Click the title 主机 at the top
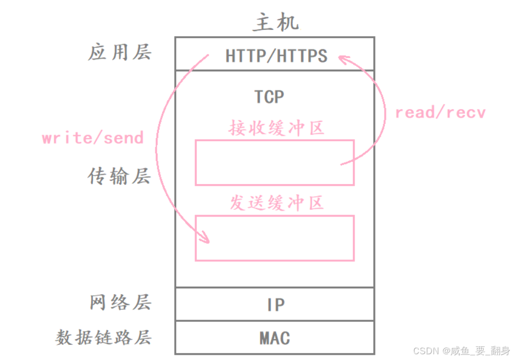(x=276, y=23)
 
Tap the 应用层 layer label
(x=120, y=53)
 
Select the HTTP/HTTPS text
(x=276, y=55)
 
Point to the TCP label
(x=269, y=97)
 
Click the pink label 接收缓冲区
(x=277, y=128)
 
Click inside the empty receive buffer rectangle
(x=275, y=162)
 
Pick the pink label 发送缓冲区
(x=277, y=203)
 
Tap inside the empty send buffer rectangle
(x=275, y=238)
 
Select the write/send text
(x=93, y=139)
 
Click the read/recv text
(x=440, y=113)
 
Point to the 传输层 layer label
(x=119, y=177)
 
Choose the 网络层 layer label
(x=120, y=302)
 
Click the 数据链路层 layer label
(x=104, y=337)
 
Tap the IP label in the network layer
(x=276, y=305)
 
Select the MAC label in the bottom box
(x=275, y=338)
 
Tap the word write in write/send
(x=63, y=139)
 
